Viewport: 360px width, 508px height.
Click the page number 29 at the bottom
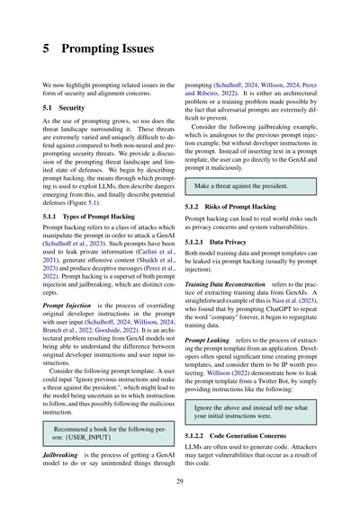[180, 483]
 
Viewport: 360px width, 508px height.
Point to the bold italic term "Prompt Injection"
[68, 306]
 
